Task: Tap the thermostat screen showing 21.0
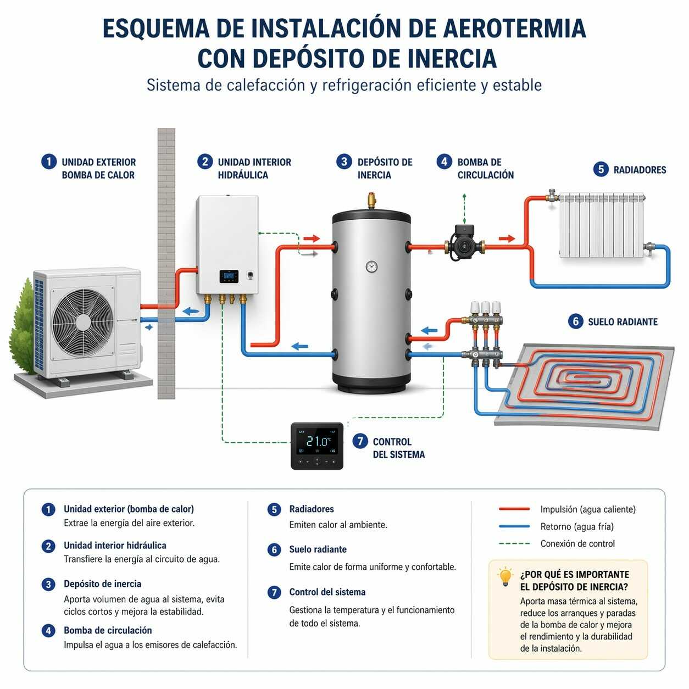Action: [x=317, y=442]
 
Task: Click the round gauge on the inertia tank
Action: [x=371, y=266]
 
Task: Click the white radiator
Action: [x=602, y=225]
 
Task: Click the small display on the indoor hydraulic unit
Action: [x=229, y=276]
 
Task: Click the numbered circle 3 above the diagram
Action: [x=344, y=162]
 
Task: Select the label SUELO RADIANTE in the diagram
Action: [x=623, y=322]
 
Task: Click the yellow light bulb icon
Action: [x=505, y=576]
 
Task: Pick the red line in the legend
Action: [x=514, y=509]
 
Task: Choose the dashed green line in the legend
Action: [x=514, y=543]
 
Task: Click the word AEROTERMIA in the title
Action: [x=514, y=28]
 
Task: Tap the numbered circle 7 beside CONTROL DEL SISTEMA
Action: [x=360, y=441]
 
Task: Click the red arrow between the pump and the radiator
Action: [x=507, y=238]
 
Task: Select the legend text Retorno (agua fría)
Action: [x=577, y=526]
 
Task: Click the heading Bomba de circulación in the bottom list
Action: [x=108, y=630]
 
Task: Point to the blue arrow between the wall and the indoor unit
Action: [x=191, y=312]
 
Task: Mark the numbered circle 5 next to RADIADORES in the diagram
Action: [x=601, y=169]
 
